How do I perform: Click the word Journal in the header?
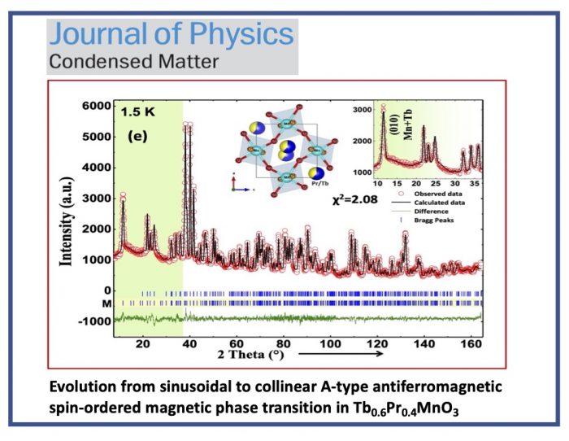tap(96, 34)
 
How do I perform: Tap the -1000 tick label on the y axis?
tap(93, 321)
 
